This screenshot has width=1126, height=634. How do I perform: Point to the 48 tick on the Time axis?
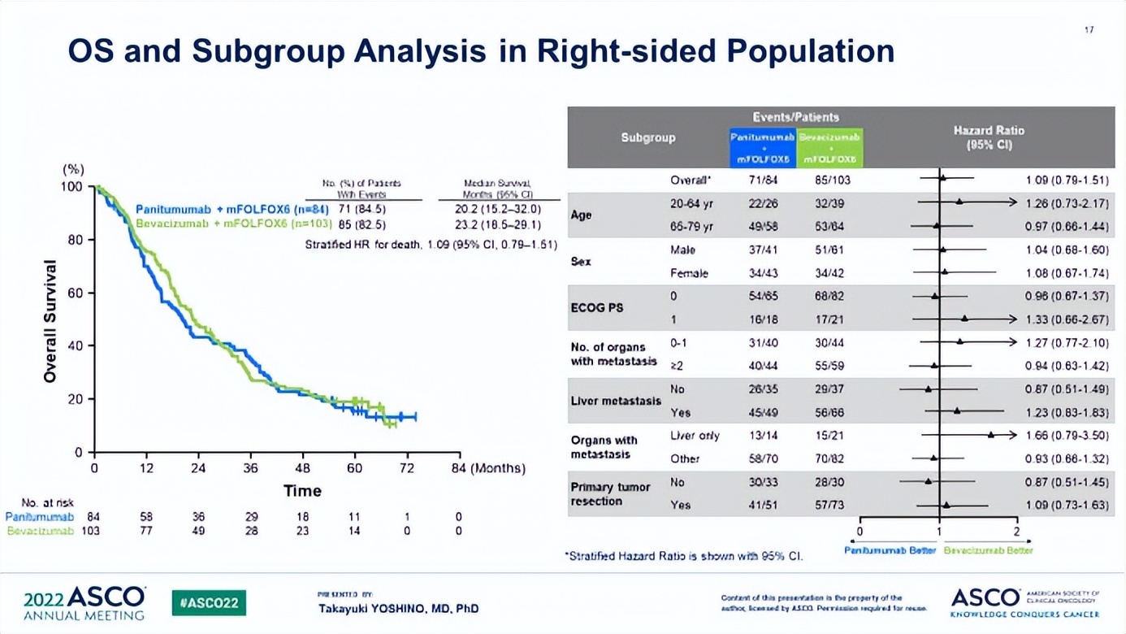(302, 468)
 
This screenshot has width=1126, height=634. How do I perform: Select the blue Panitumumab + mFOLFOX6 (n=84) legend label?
(232, 210)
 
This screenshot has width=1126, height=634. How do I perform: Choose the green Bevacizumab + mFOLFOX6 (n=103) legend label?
(234, 224)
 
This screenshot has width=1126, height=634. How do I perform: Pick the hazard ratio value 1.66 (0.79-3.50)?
(1066, 436)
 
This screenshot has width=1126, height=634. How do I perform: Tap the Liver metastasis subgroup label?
(615, 401)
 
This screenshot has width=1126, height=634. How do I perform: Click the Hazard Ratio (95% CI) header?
(989, 137)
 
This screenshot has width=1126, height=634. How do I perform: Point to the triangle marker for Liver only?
(991, 436)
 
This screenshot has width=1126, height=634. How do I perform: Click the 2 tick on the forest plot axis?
(1016, 532)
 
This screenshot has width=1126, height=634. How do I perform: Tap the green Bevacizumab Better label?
(988, 551)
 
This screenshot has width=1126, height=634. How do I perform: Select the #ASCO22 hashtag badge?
(209, 603)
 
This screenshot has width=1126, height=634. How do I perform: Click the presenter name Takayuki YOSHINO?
(398, 608)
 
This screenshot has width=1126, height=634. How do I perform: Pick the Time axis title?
(302, 491)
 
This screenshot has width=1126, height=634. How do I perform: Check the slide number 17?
(1089, 30)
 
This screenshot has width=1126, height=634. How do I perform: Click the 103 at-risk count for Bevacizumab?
(91, 531)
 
